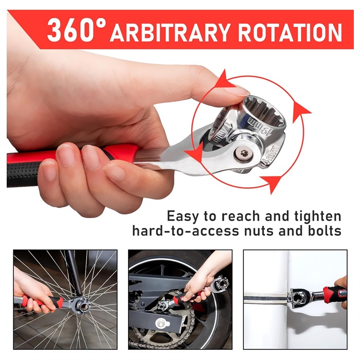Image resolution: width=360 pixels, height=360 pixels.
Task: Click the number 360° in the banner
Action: point(77,30)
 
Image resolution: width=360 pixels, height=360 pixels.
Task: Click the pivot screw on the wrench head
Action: point(244,153)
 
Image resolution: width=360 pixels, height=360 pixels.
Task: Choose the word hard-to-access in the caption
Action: point(186,231)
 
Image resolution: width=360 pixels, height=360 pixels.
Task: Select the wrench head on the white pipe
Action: point(297,298)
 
